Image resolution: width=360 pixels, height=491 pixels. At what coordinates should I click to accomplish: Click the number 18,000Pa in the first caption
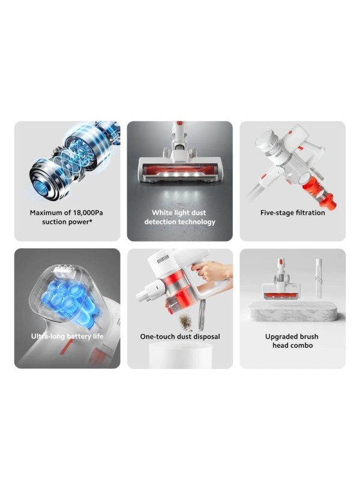click(x=88, y=213)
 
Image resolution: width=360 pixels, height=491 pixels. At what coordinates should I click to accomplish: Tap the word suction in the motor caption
click(x=53, y=222)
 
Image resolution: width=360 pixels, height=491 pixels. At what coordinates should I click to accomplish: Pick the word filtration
click(x=310, y=213)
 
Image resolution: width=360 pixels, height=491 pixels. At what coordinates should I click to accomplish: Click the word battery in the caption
click(x=78, y=336)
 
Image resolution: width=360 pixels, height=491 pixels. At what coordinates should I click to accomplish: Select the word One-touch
click(x=158, y=336)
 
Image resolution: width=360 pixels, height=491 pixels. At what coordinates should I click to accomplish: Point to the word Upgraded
click(x=280, y=336)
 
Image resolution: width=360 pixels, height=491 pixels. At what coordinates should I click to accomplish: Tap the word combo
click(x=302, y=345)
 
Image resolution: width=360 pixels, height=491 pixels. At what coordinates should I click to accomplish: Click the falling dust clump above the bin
click(x=186, y=322)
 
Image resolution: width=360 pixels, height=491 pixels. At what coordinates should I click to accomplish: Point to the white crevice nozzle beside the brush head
click(x=319, y=276)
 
